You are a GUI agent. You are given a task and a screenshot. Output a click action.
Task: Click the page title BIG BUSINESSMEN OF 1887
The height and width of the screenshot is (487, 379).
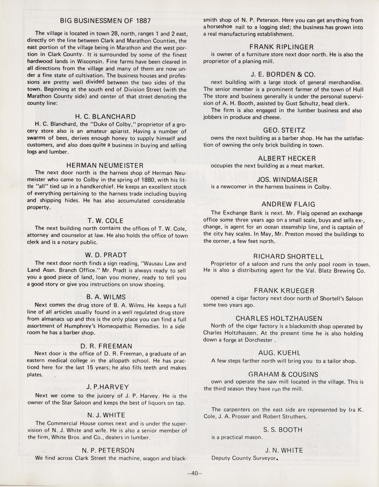click(105, 21)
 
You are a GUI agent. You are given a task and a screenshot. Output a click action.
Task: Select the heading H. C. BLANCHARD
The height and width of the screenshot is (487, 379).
click(105, 117)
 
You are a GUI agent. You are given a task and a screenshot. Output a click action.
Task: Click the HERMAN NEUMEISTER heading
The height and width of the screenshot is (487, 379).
click(105, 166)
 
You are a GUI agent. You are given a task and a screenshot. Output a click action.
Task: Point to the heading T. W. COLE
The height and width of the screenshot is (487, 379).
click(105, 221)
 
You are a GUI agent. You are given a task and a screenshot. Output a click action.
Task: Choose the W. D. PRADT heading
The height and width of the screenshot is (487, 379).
click(106, 255)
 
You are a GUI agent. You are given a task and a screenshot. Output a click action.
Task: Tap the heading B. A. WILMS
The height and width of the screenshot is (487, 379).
click(106, 297)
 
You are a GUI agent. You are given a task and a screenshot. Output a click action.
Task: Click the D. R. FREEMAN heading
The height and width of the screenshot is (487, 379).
click(106, 346)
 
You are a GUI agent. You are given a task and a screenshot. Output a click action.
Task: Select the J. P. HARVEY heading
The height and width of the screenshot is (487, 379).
click(105, 387)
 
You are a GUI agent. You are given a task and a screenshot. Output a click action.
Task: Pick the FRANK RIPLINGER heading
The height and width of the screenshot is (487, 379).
click(281, 47)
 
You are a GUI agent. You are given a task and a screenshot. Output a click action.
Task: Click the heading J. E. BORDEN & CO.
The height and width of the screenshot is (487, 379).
click(283, 75)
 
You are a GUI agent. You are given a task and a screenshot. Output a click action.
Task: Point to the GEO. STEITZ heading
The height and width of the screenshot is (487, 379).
click(284, 131)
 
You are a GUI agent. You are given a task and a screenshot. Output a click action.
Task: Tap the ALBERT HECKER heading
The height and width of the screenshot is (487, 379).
click(287, 158)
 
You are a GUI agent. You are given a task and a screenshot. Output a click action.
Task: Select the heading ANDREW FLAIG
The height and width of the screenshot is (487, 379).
click(288, 204)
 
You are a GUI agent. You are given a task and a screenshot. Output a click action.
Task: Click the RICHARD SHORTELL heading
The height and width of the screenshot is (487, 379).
click(288, 257)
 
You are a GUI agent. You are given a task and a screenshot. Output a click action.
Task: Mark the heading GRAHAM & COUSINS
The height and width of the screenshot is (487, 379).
click(283, 374)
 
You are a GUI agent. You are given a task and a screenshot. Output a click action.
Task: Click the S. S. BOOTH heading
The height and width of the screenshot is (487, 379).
click(283, 430)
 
